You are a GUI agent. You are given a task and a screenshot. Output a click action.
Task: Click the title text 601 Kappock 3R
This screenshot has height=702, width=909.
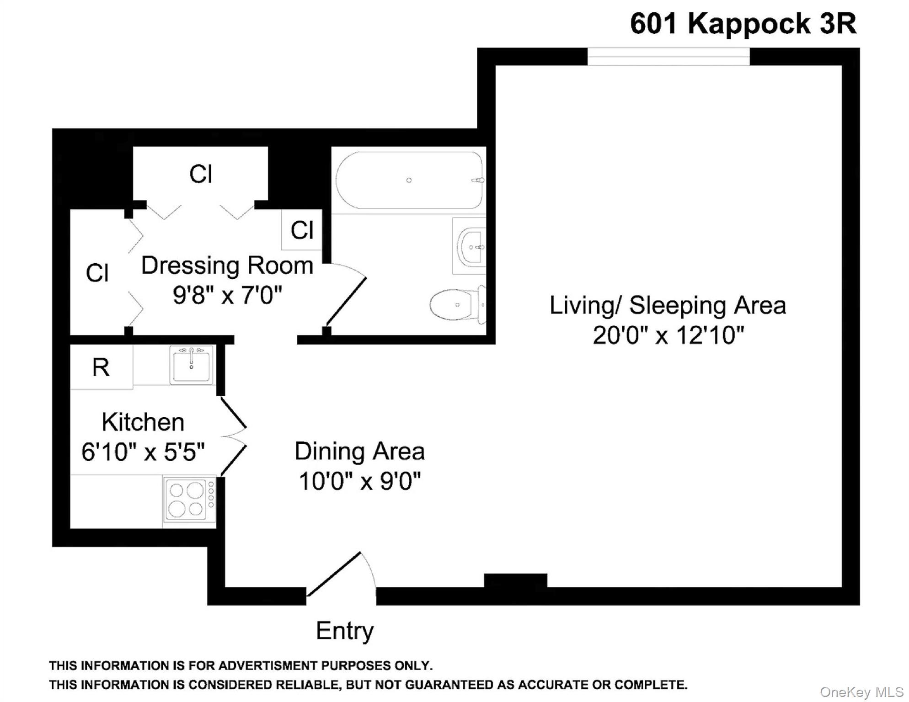coord(743,23)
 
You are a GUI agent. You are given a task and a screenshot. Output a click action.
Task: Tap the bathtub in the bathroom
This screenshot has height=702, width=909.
coord(409,180)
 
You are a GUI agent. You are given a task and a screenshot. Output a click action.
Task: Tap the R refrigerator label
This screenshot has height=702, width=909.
coord(101,367)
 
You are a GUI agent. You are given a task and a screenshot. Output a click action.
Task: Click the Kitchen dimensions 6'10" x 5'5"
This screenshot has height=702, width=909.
coord(143,452)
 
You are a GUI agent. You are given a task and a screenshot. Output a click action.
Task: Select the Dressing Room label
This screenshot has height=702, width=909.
coord(227,266)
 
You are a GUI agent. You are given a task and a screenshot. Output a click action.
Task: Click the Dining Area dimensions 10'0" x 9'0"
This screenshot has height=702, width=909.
coord(359,481)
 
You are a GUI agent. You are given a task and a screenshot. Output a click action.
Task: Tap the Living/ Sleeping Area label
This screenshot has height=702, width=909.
coord(668,305)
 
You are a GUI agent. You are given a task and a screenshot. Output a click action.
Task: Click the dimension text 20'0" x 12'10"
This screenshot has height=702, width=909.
coord(668,335)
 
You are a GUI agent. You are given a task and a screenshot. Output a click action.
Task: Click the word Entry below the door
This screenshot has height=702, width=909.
coord(345,631)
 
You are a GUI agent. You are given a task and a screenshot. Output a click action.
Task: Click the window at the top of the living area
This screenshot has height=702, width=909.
coord(668,57)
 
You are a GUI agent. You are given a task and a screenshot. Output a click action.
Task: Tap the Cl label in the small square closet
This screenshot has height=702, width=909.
coord(302,230)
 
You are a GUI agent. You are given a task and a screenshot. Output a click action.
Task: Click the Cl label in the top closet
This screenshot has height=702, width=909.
coord(200,174)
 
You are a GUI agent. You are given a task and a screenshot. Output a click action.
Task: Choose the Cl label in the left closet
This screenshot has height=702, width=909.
coord(97,273)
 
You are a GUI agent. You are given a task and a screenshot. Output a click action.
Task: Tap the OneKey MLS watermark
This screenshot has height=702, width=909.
coord(861,692)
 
